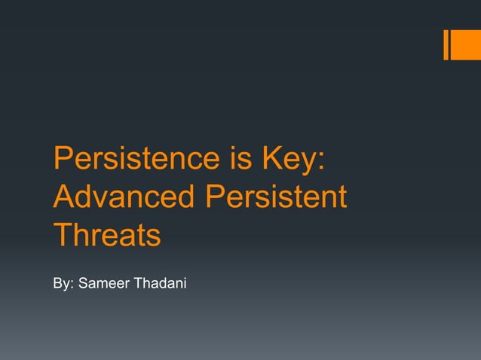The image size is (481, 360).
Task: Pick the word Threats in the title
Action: [x=106, y=235]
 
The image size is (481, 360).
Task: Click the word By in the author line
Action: [x=61, y=285]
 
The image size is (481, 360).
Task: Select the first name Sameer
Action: [x=105, y=285]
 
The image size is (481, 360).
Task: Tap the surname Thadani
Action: [x=161, y=285]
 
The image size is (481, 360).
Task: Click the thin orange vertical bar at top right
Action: [x=446, y=44]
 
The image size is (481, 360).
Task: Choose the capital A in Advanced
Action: [x=63, y=197]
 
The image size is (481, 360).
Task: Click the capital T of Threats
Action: [x=62, y=235]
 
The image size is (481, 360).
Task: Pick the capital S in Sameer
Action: [x=82, y=285]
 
